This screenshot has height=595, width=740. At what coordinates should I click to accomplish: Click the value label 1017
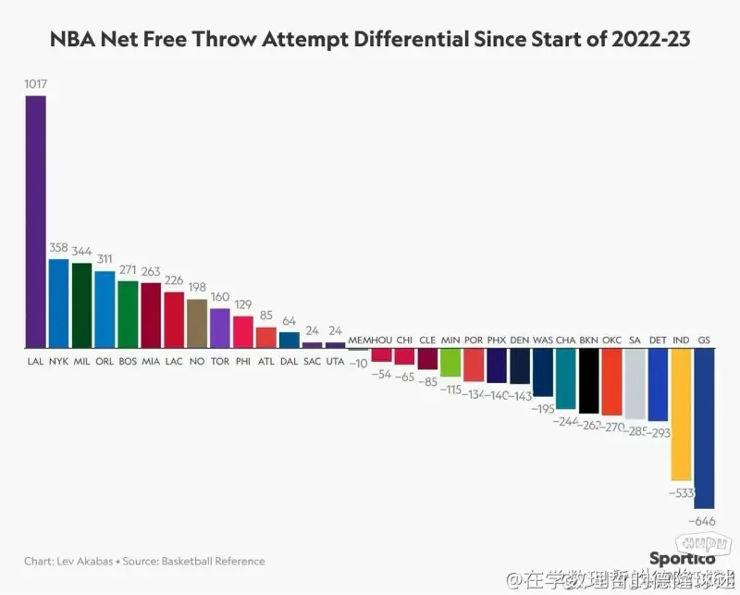click(x=35, y=84)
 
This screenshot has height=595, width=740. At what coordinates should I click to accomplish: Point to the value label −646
click(x=704, y=521)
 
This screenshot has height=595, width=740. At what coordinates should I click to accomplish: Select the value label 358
click(x=58, y=248)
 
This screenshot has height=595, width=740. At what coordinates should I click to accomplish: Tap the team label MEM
click(x=358, y=340)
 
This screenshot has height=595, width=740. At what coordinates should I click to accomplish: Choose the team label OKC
click(x=611, y=340)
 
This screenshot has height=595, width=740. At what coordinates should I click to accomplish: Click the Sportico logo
click(x=682, y=558)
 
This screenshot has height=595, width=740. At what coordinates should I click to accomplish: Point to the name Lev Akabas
click(x=86, y=561)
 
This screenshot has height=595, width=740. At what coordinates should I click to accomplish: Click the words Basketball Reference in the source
click(x=213, y=561)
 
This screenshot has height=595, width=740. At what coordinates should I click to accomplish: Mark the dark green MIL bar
click(x=81, y=304)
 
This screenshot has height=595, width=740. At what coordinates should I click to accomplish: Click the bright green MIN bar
click(x=450, y=362)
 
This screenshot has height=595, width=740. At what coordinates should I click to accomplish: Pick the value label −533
click(x=681, y=492)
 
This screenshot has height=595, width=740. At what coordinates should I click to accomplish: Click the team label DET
click(x=658, y=340)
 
